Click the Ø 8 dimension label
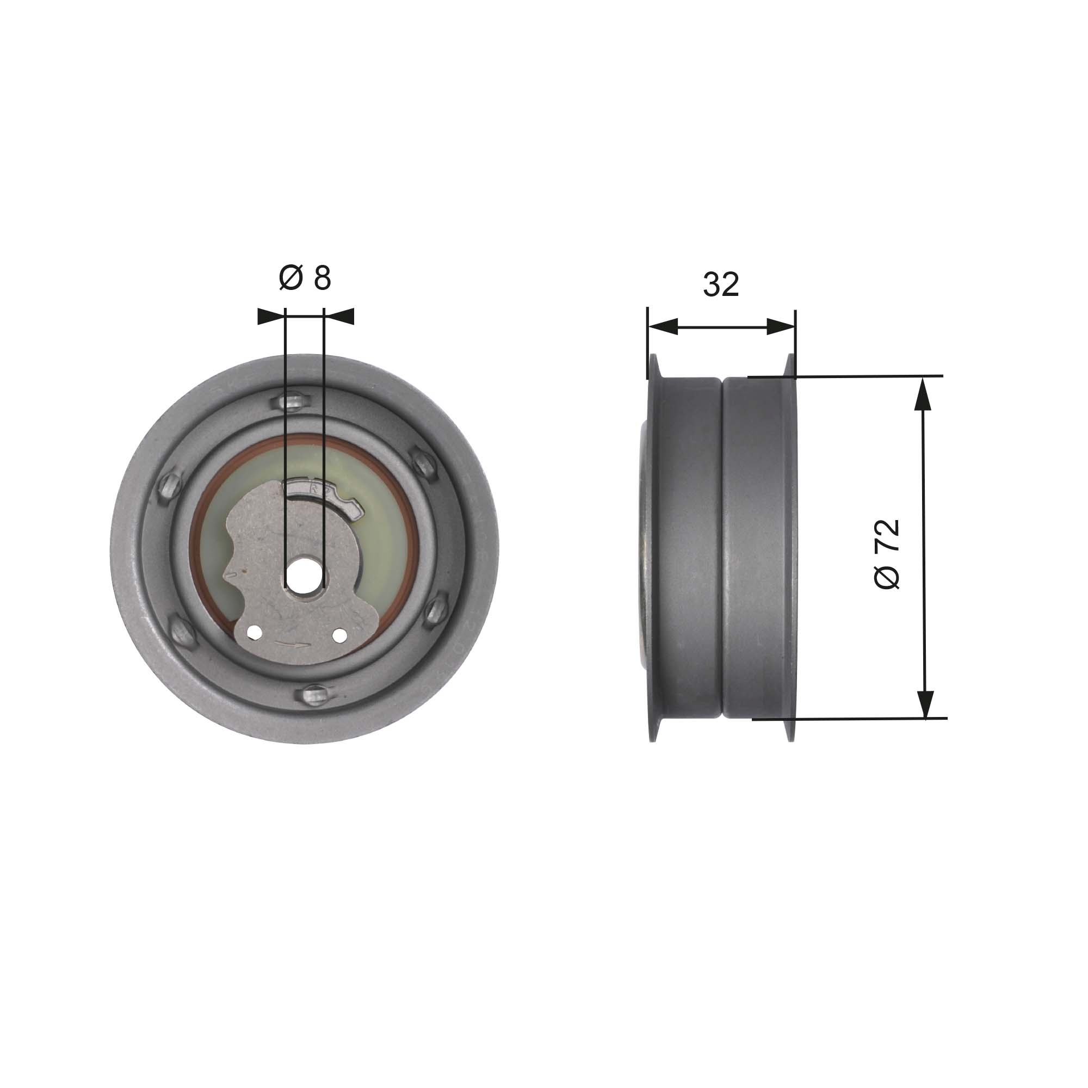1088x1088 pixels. click(305, 277)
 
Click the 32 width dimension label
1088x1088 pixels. click(720, 285)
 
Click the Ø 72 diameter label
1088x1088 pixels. click(887, 554)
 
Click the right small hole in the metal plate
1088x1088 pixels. click(339, 635)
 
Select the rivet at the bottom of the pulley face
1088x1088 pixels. click(316, 694)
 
